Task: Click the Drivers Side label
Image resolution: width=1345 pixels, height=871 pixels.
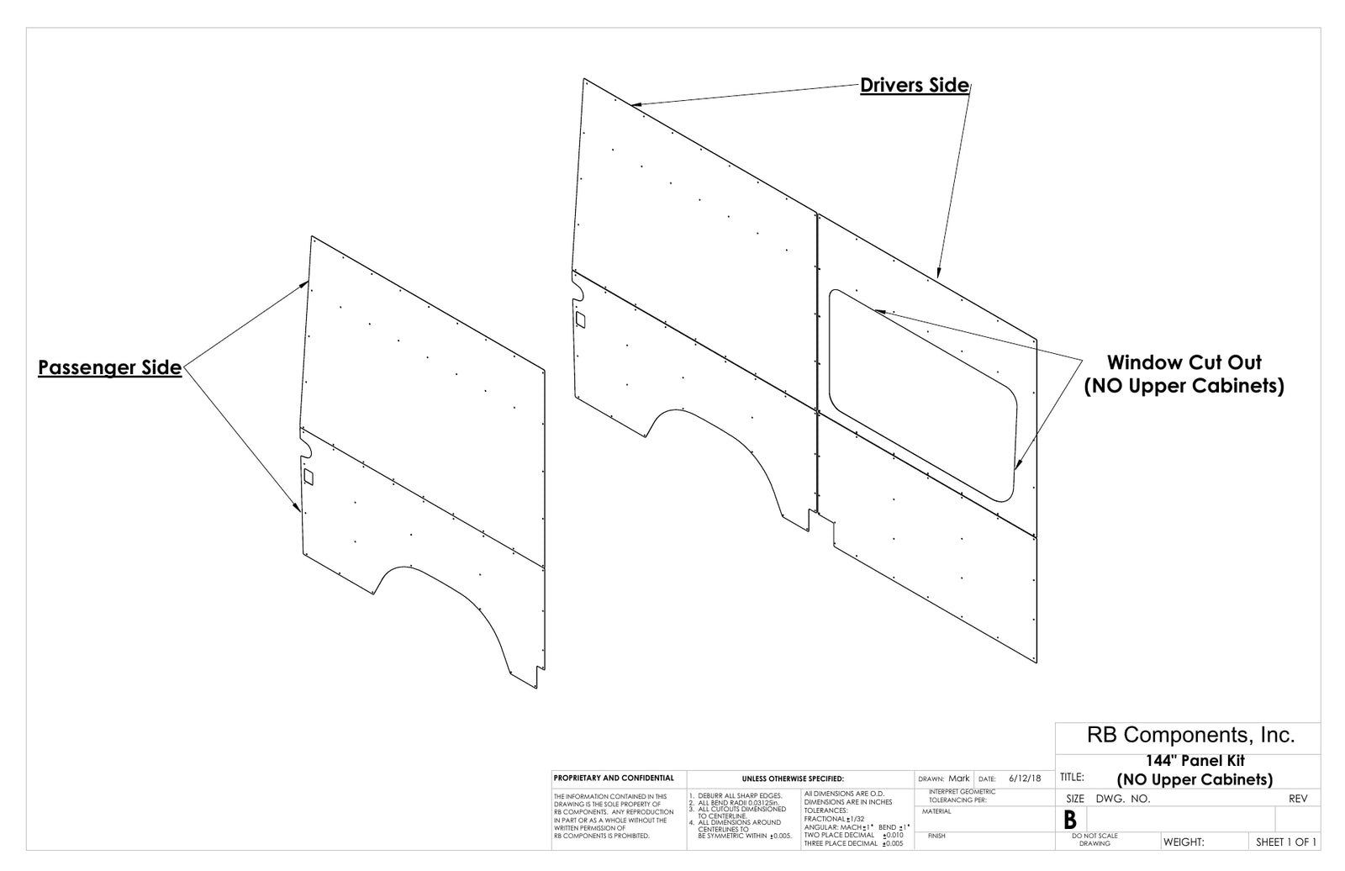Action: coord(915,85)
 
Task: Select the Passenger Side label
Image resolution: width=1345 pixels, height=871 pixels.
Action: coord(110,367)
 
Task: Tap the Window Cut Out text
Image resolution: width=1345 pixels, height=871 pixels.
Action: coord(1184,362)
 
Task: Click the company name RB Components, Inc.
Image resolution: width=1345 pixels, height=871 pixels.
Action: coord(1190,735)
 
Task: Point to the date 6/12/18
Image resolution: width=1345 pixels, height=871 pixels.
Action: coord(1025,778)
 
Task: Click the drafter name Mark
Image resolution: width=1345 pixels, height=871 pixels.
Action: coord(959,778)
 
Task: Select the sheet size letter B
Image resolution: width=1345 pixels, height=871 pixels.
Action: coord(1070,820)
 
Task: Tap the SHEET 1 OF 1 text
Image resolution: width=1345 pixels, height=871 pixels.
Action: coord(1286,842)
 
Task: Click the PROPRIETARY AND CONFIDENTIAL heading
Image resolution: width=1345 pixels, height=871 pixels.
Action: coord(614,778)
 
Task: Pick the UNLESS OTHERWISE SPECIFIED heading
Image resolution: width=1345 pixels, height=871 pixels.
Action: coord(793,779)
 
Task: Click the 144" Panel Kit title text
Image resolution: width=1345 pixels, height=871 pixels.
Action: coord(1195,761)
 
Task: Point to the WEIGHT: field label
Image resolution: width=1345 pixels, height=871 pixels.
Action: coord(1184,842)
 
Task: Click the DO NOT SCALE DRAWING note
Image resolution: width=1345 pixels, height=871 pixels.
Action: coord(1094,840)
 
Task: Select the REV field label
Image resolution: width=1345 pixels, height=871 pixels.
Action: coord(1298,799)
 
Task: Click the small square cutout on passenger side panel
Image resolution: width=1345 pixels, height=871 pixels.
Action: coord(309,477)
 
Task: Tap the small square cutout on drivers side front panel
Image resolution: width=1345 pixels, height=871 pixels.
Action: coord(580,319)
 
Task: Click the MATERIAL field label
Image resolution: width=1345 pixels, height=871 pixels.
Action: coord(936,811)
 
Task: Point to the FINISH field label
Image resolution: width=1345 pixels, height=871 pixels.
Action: coord(936,836)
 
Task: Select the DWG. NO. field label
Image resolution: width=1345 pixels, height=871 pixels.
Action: coord(1123,799)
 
